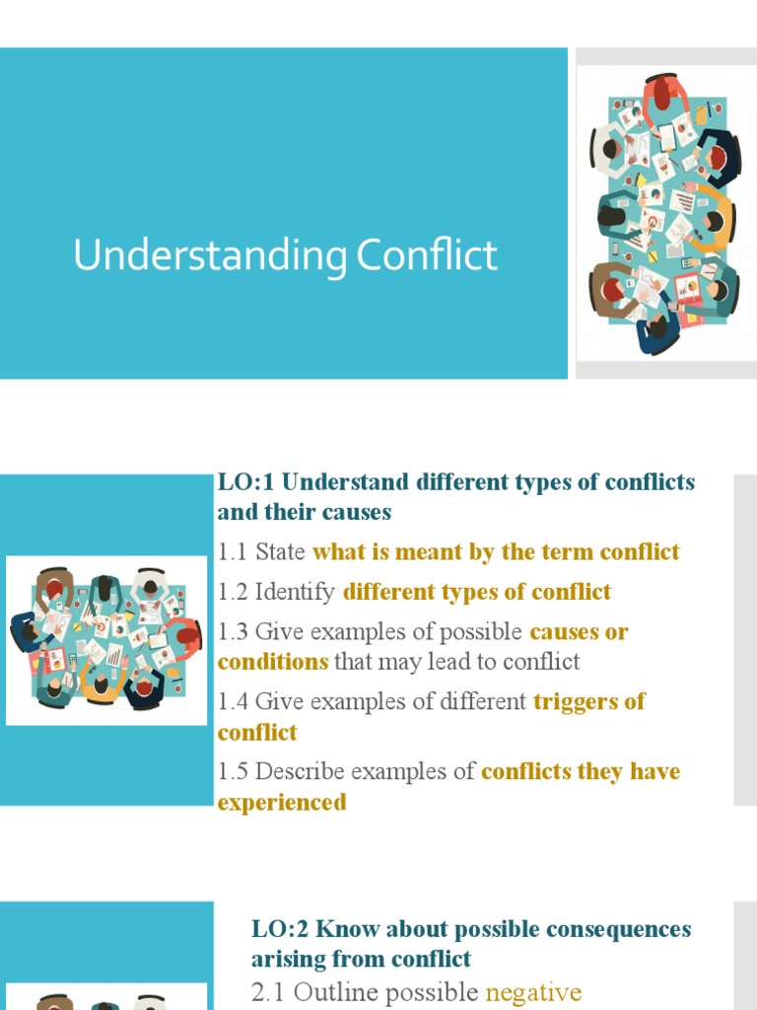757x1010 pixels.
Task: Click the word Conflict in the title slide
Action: tap(427, 256)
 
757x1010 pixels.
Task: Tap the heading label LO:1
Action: tap(245, 483)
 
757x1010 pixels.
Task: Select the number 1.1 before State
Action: tap(233, 552)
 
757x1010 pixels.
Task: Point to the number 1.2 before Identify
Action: tap(233, 592)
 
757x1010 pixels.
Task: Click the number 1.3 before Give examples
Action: tap(233, 631)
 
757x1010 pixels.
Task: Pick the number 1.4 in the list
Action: tap(233, 702)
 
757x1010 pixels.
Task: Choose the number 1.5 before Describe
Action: tap(233, 771)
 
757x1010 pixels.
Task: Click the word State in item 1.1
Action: tap(280, 552)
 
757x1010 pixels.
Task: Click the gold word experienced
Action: tap(282, 803)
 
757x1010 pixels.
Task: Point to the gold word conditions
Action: tap(273, 662)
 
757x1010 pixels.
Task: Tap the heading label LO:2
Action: tap(281, 929)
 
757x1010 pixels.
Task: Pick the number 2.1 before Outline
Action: tap(269, 992)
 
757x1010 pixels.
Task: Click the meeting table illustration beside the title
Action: tap(665, 214)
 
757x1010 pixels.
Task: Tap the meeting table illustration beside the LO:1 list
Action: tap(106, 639)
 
